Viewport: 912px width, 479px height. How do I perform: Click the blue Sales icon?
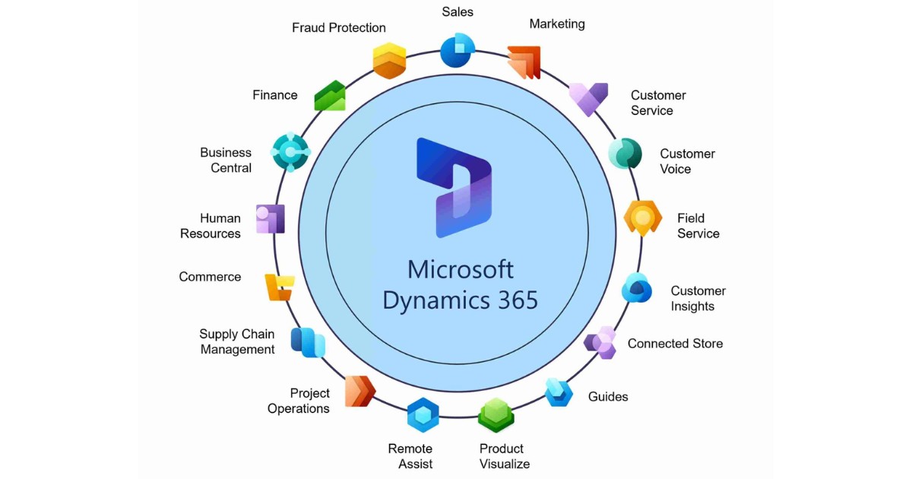(458, 51)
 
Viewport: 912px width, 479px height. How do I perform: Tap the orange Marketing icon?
(524, 62)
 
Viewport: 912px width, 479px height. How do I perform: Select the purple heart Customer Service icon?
(588, 99)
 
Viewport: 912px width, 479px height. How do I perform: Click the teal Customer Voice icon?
(625, 154)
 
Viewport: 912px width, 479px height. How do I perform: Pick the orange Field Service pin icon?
(643, 219)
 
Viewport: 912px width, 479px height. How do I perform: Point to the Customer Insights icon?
(637, 288)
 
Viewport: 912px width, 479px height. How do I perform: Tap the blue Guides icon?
(559, 392)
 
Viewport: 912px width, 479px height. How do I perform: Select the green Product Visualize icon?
(496, 415)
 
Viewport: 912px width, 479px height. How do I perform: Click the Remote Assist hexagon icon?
(423, 415)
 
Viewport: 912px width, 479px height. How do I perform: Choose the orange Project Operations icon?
(359, 392)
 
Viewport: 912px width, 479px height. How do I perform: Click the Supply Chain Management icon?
(308, 342)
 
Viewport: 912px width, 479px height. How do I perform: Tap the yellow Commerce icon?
(277, 287)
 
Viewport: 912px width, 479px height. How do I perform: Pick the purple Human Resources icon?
(270, 219)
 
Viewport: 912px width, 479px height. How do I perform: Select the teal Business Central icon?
(290, 153)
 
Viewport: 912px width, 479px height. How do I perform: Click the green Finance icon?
(330, 96)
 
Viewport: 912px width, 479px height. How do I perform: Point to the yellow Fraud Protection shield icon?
(389, 61)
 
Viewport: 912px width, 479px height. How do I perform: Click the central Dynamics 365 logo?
(454, 187)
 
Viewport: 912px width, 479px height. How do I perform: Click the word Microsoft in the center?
(460, 269)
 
